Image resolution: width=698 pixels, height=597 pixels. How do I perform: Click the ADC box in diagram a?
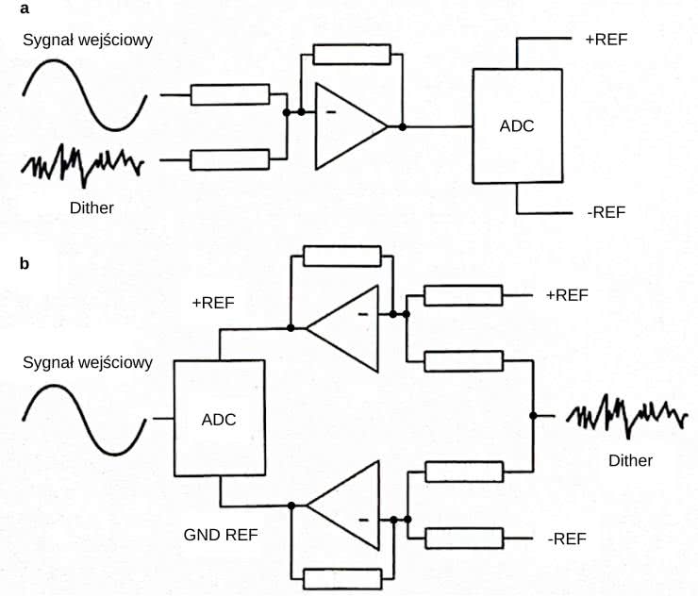(516, 126)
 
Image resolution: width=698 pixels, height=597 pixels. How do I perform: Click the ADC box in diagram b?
(218, 420)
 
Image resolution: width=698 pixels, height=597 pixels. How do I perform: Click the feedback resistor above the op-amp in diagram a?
(351, 56)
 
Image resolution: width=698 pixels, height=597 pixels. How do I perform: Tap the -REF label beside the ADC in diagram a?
(606, 212)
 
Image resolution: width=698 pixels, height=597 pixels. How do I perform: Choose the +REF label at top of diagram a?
(607, 40)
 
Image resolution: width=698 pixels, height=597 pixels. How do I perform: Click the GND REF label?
(221, 535)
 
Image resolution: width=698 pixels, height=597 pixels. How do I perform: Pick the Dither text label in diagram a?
(91, 207)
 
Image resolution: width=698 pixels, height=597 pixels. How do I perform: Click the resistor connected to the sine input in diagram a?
(229, 94)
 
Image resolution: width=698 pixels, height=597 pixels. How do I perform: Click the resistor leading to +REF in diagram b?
(462, 295)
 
